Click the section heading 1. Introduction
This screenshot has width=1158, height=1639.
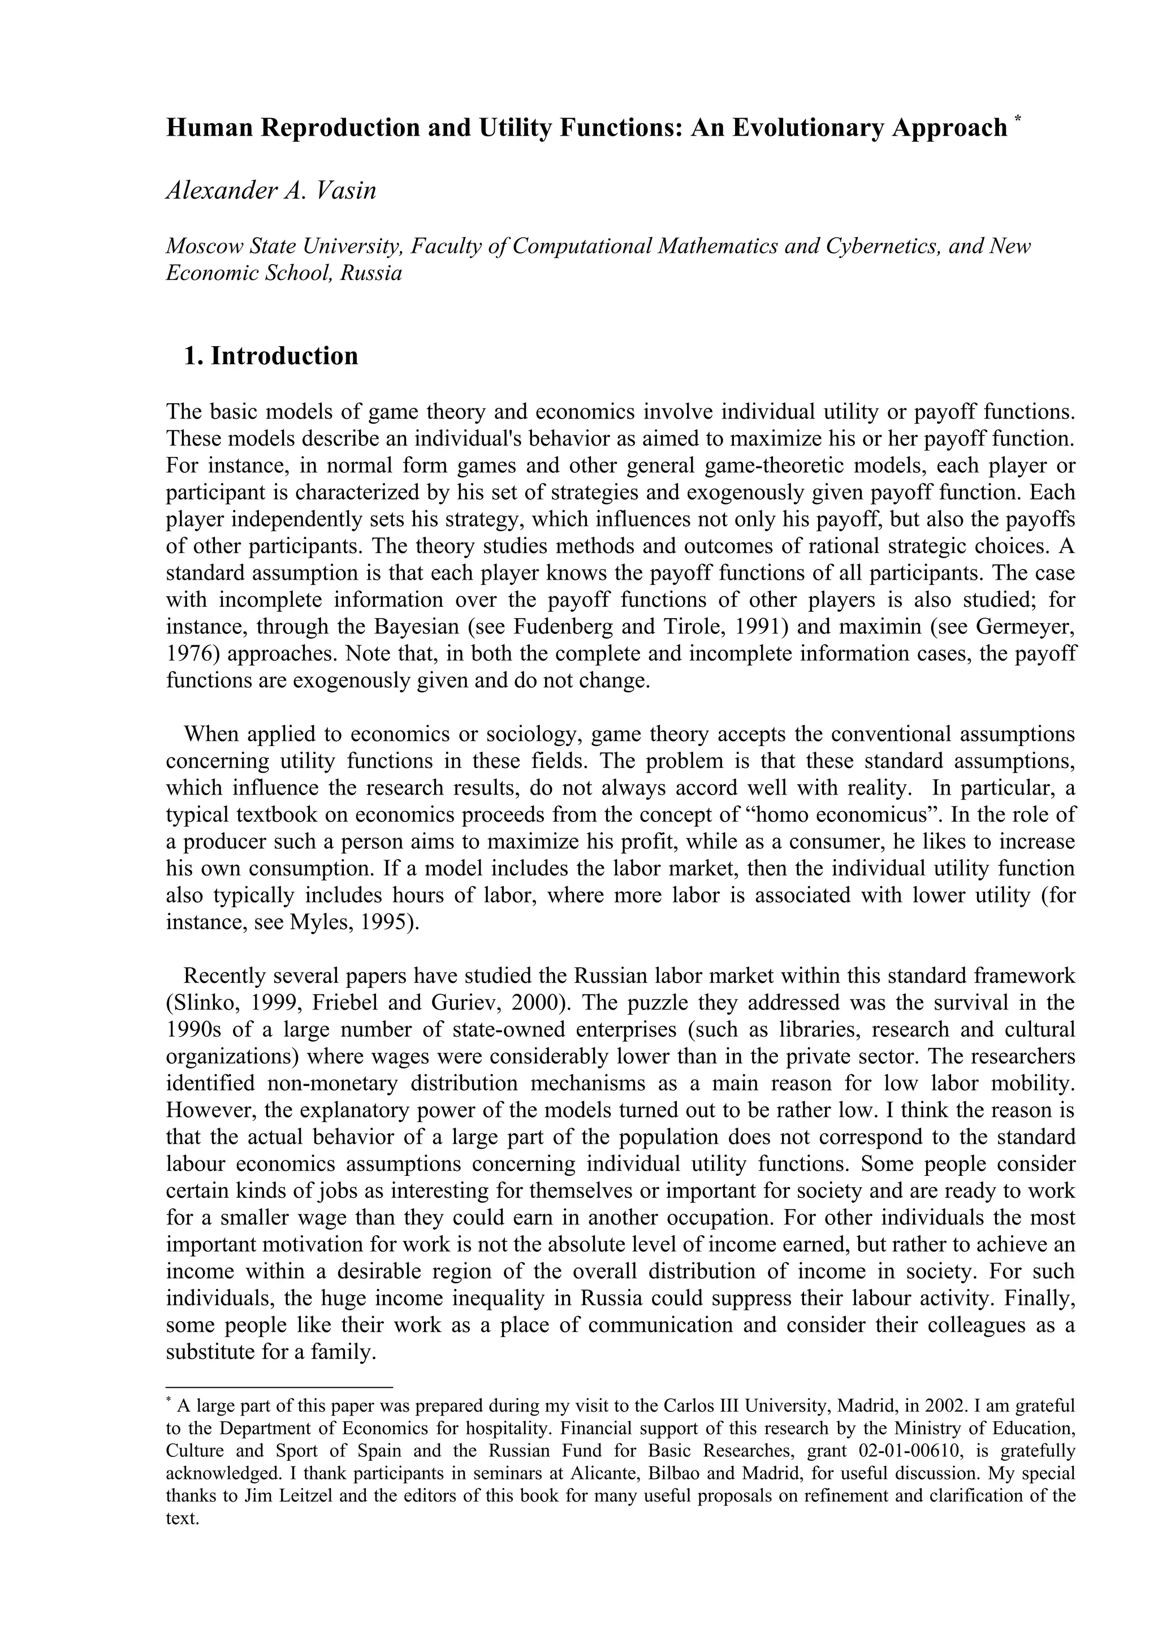(x=271, y=356)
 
